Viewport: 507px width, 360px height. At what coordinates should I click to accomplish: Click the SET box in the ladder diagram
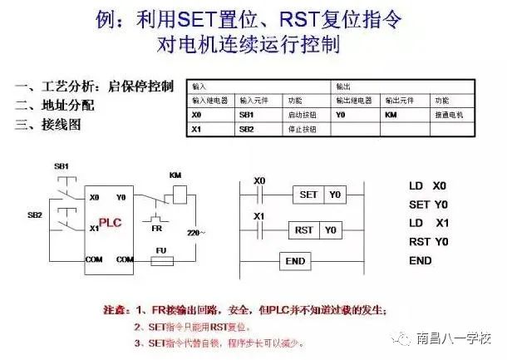coord(308,195)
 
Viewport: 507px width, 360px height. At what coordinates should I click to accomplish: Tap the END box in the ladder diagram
coord(296,260)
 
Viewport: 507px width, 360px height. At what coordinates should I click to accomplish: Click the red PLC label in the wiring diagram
coord(110,223)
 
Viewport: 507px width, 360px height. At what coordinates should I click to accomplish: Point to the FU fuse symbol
coord(161,259)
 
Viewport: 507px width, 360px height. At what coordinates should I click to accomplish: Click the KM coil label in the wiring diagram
coord(175,175)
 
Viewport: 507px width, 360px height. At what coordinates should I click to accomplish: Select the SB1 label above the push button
coord(61,166)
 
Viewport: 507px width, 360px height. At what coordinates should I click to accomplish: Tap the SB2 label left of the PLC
coord(35,215)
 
